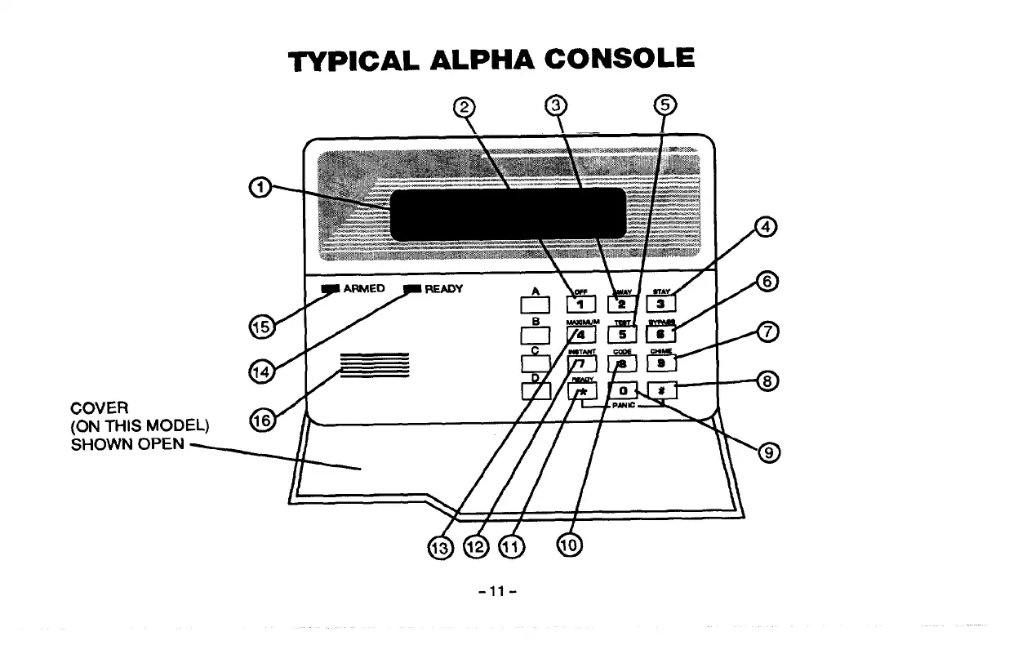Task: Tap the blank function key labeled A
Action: click(536, 305)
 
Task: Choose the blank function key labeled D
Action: click(536, 391)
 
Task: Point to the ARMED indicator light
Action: click(331, 289)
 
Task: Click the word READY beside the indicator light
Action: click(444, 288)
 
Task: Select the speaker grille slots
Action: click(374, 365)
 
